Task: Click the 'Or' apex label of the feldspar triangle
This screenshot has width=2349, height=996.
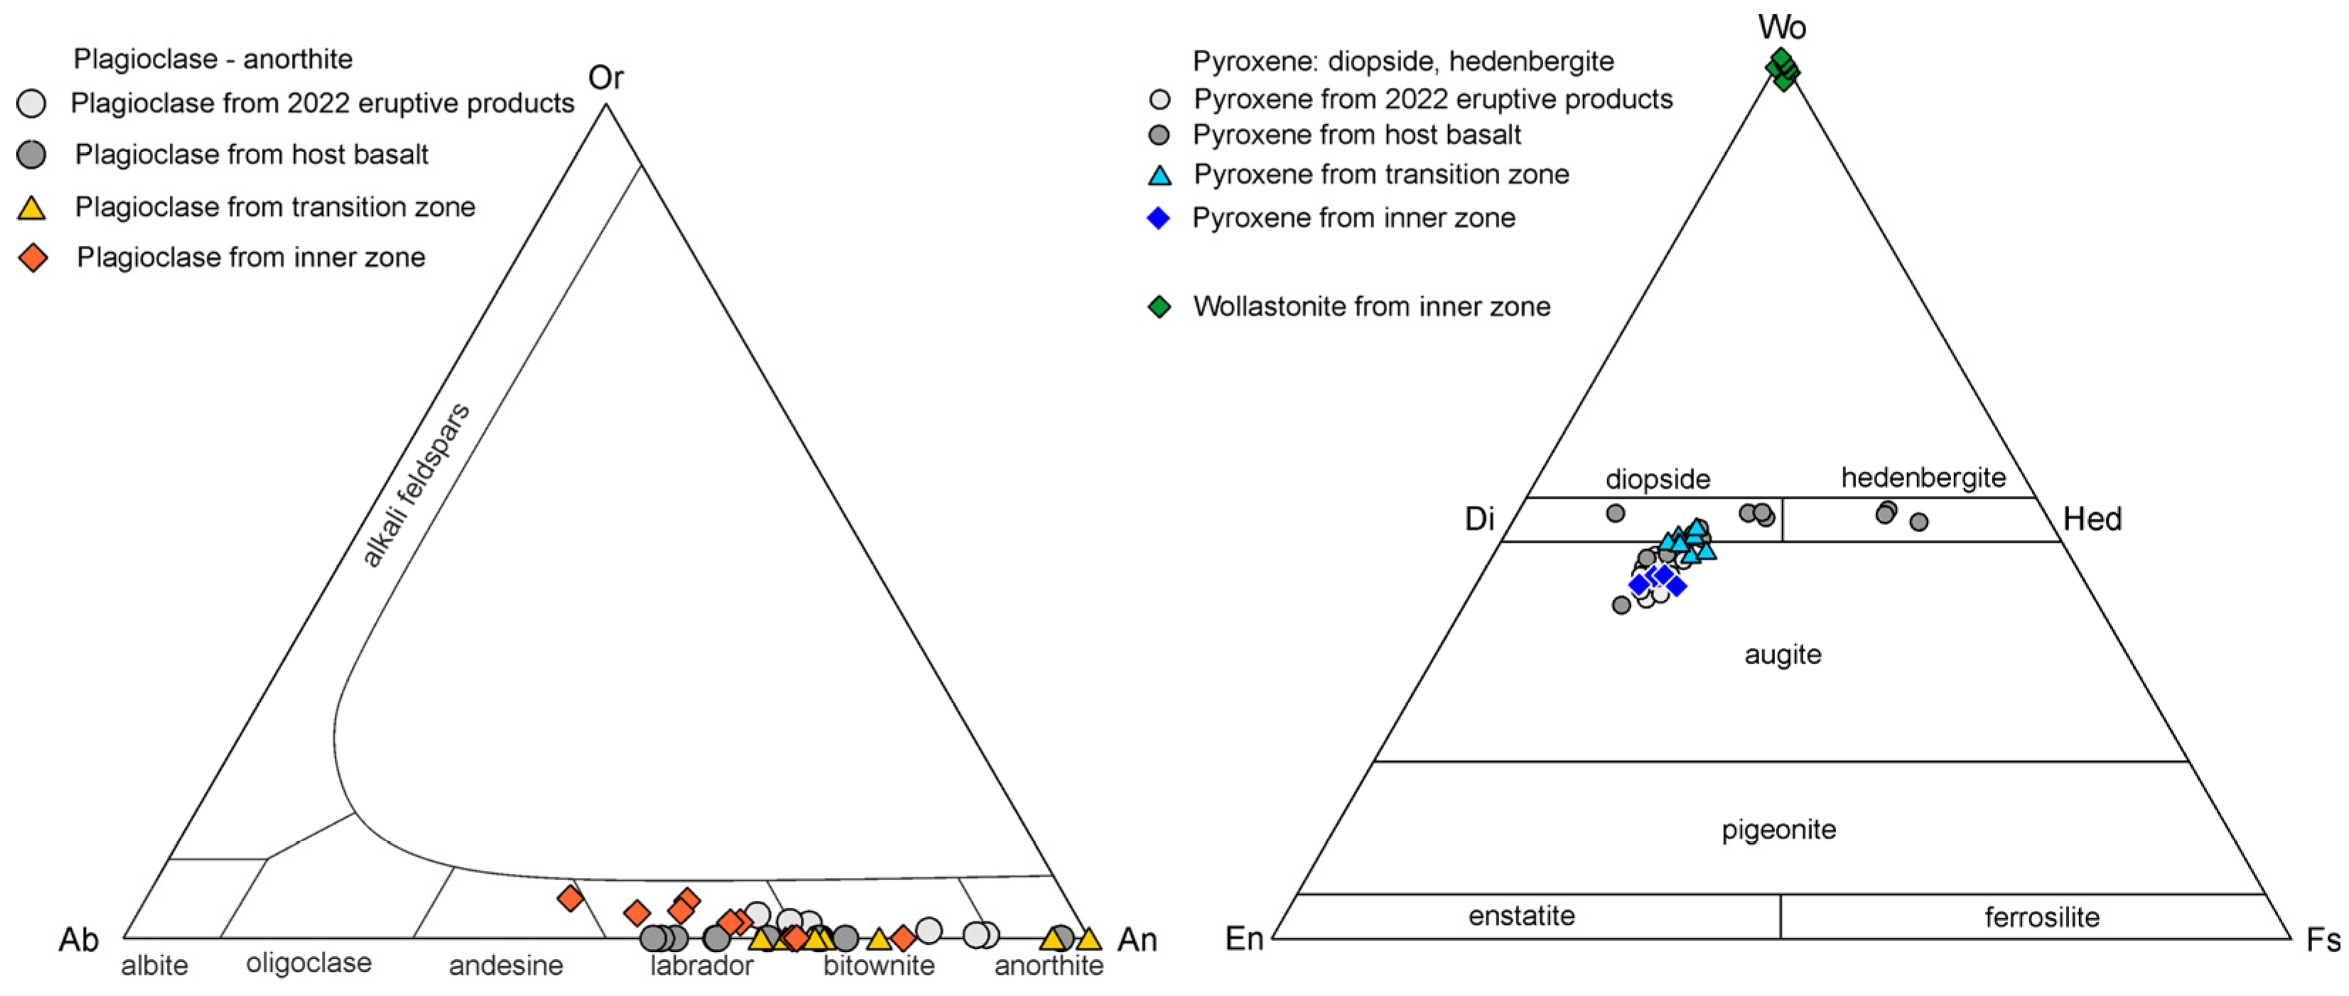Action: coord(605,78)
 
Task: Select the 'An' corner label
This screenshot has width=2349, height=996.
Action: coord(1137,939)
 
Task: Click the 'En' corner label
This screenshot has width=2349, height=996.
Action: coord(1244,938)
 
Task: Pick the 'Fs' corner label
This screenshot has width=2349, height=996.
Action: coord(2321,939)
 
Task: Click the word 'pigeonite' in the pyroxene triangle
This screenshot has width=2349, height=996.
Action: coord(1778,830)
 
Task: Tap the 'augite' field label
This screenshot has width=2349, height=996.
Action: coord(1783,654)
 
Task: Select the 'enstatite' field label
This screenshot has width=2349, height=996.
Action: coord(1521,916)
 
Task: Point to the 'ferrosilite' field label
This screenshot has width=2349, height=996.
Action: coord(2041,916)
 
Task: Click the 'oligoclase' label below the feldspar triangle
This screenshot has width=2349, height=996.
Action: coord(309,963)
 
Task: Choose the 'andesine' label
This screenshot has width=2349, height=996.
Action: coord(506,965)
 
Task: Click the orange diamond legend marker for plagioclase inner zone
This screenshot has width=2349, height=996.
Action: coord(33,258)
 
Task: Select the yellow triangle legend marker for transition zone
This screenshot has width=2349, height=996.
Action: coord(32,208)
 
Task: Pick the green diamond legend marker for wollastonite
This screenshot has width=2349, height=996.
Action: coord(1159,306)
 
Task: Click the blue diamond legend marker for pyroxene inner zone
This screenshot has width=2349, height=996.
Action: coord(1158,218)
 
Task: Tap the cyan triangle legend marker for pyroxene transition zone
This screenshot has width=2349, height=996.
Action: coord(1159,175)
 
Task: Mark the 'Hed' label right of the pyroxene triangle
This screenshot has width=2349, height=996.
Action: coord(2092,519)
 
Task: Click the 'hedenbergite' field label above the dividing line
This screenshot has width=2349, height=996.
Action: coord(1923,477)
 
